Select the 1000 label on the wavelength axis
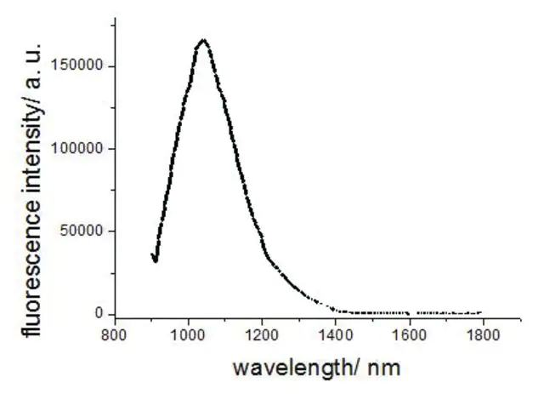click(x=189, y=335)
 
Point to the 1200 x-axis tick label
click(x=262, y=335)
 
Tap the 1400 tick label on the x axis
click(x=336, y=335)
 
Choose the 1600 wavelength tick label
click(x=409, y=335)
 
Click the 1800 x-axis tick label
click(x=482, y=335)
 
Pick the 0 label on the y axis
click(x=99, y=313)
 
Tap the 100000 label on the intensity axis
click(x=77, y=148)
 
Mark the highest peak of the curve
click(x=203, y=40)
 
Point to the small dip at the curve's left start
click(x=155, y=261)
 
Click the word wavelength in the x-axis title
click(x=292, y=368)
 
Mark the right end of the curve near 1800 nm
click(x=480, y=312)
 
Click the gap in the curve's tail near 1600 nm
click(x=413, y=313)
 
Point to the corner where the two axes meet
click(x=116, y=318)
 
